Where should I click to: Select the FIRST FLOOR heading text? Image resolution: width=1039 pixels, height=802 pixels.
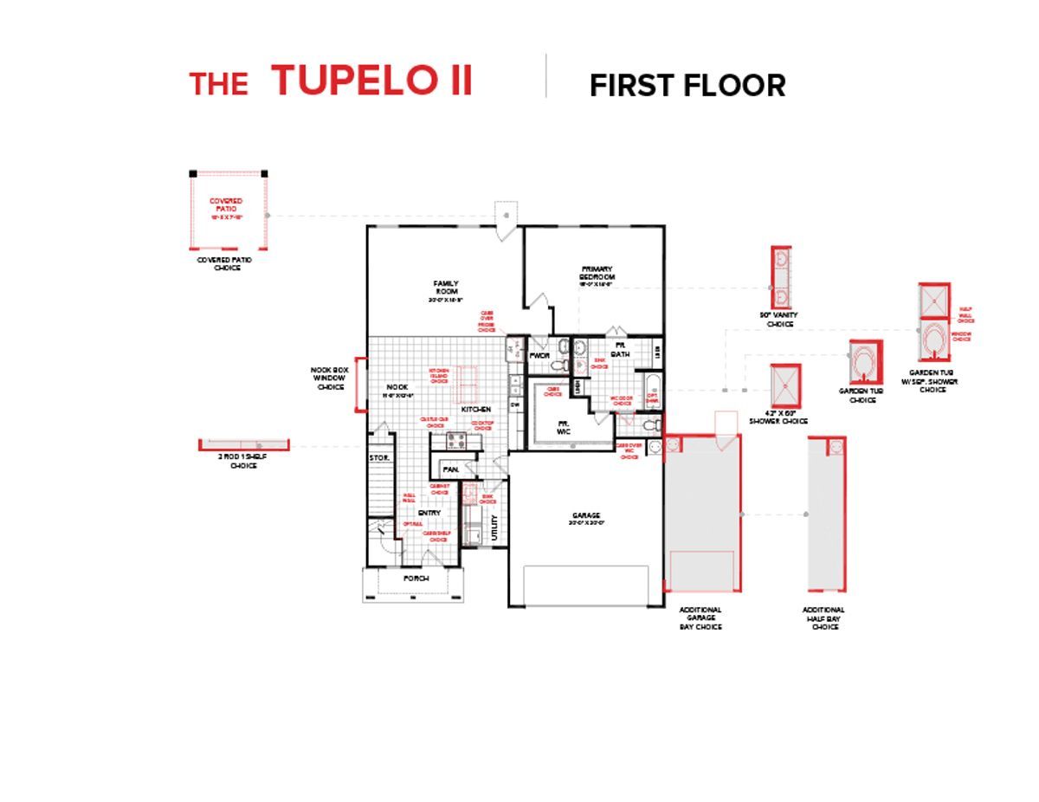(687, 86)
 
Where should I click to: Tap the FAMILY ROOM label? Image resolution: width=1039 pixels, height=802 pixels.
(447, 288)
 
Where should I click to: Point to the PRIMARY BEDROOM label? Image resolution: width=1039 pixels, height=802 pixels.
(597, 274)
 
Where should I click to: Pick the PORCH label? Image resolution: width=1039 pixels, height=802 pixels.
(416, 579)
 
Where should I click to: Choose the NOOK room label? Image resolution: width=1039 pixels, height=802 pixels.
(397, 387)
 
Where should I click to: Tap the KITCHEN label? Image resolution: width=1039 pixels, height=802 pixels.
(475, 409)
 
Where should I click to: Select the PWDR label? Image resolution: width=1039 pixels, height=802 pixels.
(539, 355)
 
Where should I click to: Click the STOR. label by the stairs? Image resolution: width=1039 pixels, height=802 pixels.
(379, 456)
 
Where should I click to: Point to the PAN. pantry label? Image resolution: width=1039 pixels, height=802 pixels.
(450, 469)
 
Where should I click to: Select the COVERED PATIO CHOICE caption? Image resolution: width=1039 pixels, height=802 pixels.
(218, 263)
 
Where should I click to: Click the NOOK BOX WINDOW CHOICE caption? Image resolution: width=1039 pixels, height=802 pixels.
(329, 378)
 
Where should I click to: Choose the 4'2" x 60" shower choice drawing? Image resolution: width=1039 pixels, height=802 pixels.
(785, 385)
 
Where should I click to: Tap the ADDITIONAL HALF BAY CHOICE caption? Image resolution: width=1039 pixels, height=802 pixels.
(823, 618)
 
